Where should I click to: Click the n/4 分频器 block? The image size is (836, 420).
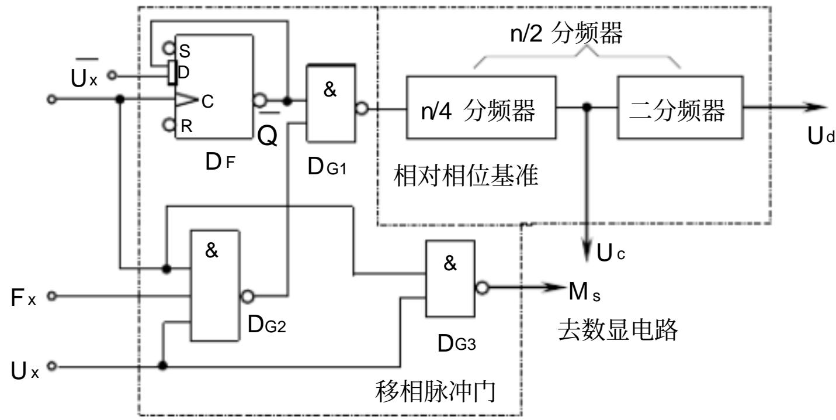[x=481, y=108]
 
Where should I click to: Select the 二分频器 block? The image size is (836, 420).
[x=680, y=108]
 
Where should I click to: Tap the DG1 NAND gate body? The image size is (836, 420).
[x=330, y=104]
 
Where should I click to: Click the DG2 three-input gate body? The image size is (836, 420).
[x=215, y=286]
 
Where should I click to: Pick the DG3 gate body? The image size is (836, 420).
[x=450, y=278]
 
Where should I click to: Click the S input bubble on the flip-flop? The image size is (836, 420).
[x=169, y=48]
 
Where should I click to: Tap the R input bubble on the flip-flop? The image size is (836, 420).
[x=169, y=125]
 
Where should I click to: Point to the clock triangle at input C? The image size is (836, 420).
[x=186, y=100]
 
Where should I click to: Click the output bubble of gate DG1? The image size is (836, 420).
[x=362, y=108]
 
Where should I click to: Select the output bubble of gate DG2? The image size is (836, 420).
[x=247, y=297]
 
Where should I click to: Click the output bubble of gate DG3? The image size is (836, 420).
[x=482, y=288]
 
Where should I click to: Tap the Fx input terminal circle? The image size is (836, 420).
[x=52, y=297]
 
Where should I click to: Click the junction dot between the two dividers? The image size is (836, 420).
[x=587, y=107]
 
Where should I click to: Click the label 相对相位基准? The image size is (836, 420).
[x=466, y=175]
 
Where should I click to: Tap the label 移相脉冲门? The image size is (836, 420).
[x=436, y=391]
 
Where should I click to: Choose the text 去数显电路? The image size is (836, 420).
[x=618, y=330]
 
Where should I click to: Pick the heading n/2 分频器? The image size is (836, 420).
[x=567, y=33]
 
